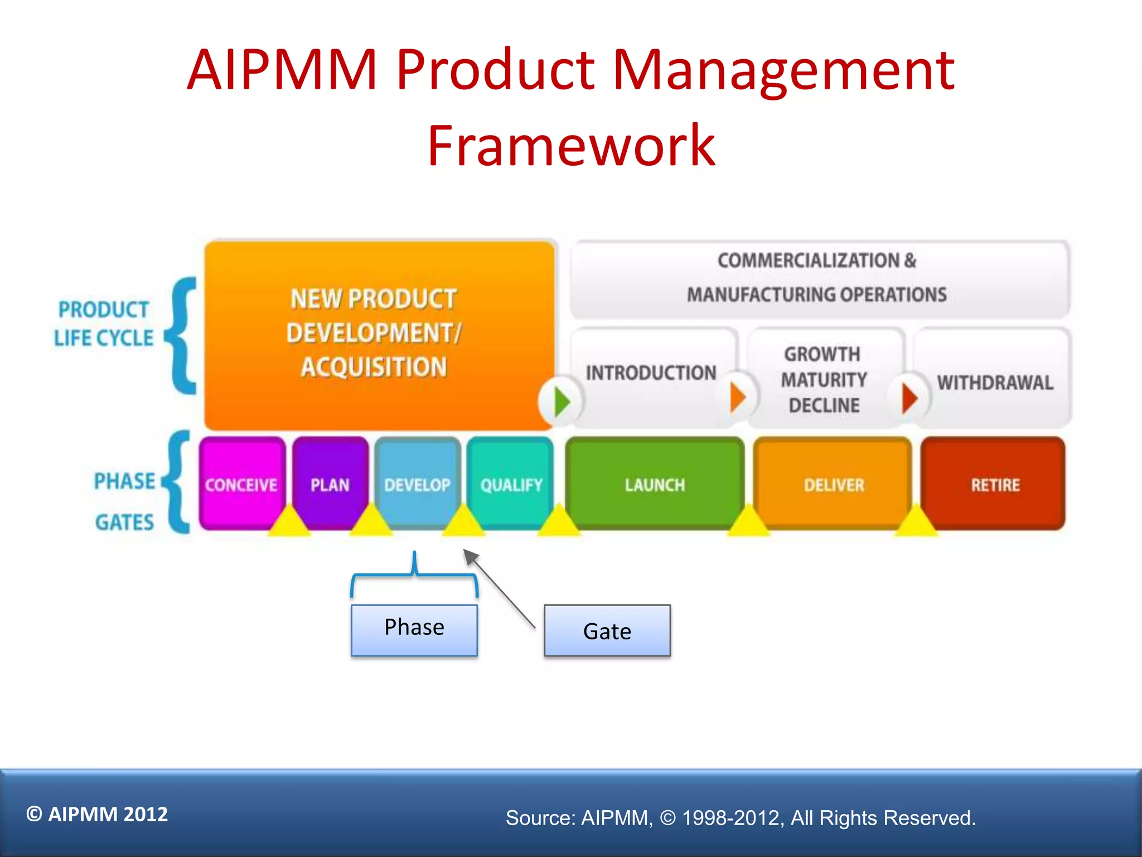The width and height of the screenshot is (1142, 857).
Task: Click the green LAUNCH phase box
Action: [x=655, y=483]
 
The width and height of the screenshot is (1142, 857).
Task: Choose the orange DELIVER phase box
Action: [x=833, y=483]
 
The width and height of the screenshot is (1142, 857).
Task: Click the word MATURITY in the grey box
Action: [x=824, y=380]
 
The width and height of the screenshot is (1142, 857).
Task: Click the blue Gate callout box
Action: [x=607, y=630]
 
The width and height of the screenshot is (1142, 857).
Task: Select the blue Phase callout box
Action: [x=414, y=629]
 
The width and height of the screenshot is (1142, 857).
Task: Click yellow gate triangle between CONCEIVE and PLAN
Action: [x=289, y=522]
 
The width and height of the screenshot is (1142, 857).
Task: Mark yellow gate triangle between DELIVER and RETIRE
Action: [x=916, y=522]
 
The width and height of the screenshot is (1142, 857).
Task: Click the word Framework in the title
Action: [x=571, y=146]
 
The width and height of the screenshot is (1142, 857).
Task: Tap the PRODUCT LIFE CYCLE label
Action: [x=104, y=324]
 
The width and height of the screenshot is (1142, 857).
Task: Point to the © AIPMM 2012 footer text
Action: [x=97, y=814]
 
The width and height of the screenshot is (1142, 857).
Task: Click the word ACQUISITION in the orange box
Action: [x=374, y=367]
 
